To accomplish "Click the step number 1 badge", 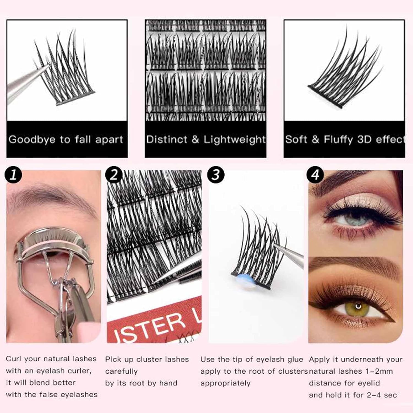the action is (x=13, y=175).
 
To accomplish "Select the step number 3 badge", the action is (x=216, y=175).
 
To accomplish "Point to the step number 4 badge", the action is (x=316, y=175).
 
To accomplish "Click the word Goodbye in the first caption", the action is (x=32, y=140).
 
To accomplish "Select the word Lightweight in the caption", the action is (x=235, y=140).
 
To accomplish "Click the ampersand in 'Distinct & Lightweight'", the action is (x=195, y=139).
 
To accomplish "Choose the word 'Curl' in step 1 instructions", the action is (x=14, y=359).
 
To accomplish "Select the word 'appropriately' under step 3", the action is (x=225, y=383).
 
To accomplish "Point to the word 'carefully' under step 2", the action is (x=121, y=371).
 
